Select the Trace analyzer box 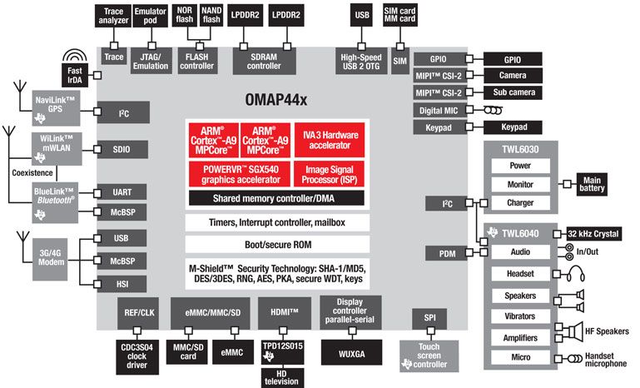(113, 14)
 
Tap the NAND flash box (211, 14)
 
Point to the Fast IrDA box (74, 77)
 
